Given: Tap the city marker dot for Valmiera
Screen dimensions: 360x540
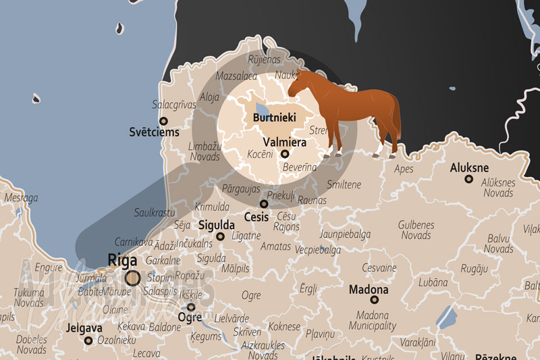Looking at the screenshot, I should [x=284, y=154].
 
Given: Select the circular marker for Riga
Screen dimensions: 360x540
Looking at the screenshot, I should [x=132, y=277].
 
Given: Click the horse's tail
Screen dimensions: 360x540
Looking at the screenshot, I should [x=396, y=118].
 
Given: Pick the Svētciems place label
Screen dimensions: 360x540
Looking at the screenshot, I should [x=155, y=132].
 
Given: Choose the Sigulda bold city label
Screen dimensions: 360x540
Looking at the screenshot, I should [x=217, y=225].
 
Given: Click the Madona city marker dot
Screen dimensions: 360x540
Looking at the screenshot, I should [x=375, y=299].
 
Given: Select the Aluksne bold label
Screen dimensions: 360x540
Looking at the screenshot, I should [x=469, y=168].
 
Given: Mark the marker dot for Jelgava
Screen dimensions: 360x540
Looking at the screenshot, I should [x=88, y=340].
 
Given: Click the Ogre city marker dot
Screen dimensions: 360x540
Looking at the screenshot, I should [x=191, y=307].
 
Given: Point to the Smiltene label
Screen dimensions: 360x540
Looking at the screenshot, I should [x=344, y=184].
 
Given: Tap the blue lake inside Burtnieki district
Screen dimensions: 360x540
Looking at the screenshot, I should [x=261, y=107].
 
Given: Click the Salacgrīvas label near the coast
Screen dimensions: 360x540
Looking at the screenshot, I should [x=173, y=105].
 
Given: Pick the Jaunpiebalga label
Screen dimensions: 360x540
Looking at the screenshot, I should [x=346, y=234].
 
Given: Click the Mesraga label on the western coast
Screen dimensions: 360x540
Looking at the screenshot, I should [x=22, y=198].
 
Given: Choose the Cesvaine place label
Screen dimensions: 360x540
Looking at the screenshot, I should [x=379, y=267].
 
